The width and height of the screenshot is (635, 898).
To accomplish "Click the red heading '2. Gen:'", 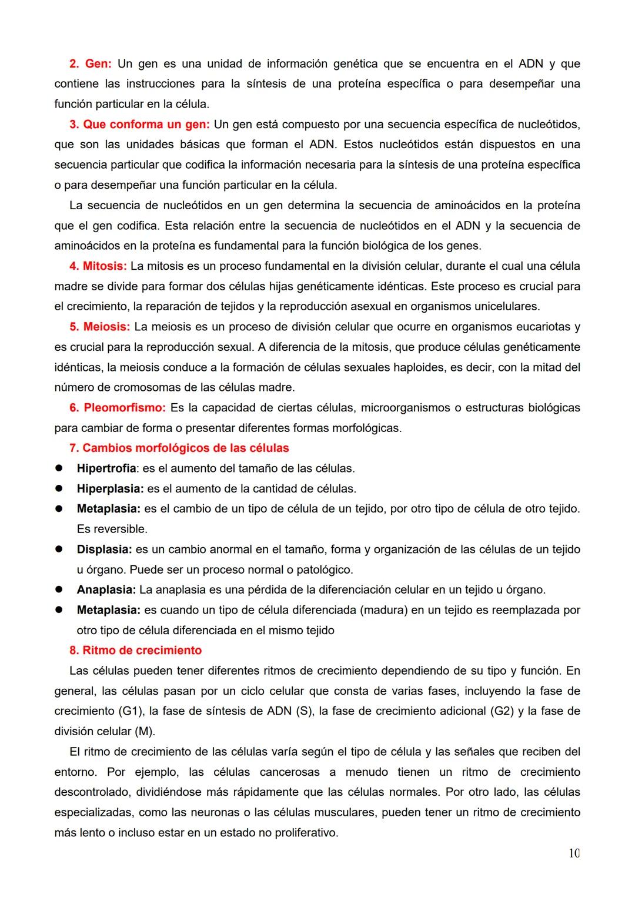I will [91, 63].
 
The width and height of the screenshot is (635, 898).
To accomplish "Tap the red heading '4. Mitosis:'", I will [98, 266].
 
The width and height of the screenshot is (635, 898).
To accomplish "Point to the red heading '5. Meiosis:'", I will [99, 327].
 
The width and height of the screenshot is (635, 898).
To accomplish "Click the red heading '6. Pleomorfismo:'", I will [118, 407].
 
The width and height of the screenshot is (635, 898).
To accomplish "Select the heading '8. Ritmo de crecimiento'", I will [136, 651].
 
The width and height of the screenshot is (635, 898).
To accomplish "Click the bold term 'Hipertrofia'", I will [106, 468].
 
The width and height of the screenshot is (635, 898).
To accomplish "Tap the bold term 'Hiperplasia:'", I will [110, 488].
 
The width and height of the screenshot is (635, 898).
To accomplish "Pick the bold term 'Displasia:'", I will [104, 549].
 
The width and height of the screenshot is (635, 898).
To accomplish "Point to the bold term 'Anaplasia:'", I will [106, 589].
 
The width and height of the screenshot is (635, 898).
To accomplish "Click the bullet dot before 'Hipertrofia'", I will [59, 468].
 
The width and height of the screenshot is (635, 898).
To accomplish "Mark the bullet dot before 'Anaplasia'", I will [59, 589].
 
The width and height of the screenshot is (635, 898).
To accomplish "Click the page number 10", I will [574, 853].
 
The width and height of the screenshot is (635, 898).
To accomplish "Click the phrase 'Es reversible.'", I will [112, 529].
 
